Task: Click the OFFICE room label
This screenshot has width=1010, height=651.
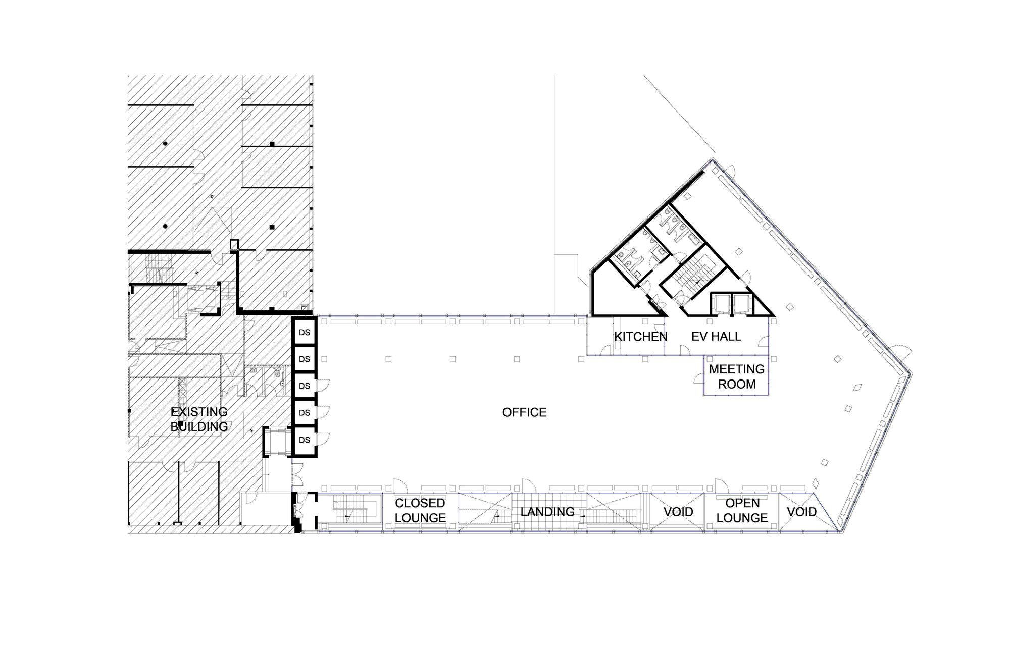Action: coord(524,412)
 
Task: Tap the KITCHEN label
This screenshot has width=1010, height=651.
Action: coord(641,337)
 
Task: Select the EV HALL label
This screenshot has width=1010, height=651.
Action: coord(716,336)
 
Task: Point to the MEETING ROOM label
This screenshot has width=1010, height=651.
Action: coord(737,376)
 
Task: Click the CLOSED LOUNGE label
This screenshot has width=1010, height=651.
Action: coord(420,510)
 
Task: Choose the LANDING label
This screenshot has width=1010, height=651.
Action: coord(547,512)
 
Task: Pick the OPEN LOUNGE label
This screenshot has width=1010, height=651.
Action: coord(742,510)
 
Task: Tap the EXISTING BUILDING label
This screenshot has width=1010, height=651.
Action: coord(199,419)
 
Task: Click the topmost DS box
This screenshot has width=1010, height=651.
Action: coord(305,333)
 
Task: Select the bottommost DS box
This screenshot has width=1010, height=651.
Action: coord(305,440)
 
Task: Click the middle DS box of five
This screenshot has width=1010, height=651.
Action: coord(305,386)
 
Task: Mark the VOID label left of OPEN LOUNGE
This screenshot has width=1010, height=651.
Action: coord(678,512)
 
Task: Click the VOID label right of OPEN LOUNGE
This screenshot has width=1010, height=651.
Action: coord(801,512)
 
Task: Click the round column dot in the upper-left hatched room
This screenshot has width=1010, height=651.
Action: coord(165,144)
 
